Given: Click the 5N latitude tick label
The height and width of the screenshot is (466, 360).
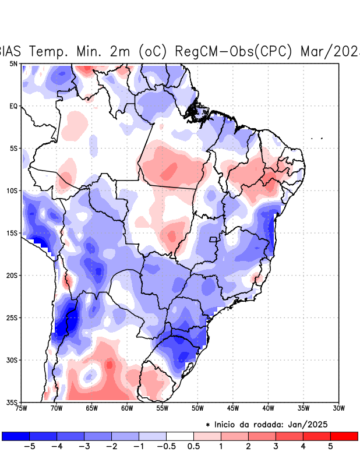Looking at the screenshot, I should click(x=13, y=63).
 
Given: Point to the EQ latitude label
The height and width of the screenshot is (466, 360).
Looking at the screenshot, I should click(x=13, y=106).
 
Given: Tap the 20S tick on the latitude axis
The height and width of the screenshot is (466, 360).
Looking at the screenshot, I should click(x=12, y=275).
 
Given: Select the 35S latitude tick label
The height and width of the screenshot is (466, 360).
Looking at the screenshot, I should click(x=12, y=402).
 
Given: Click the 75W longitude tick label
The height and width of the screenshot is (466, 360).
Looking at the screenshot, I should click(x=22, y=408).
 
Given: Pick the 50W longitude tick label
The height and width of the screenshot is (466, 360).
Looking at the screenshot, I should click(x=197, y=408).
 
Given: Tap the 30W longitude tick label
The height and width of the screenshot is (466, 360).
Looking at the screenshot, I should click(x=338, y=408).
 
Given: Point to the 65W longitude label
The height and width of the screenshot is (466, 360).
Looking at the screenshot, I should click(x=91, y=408).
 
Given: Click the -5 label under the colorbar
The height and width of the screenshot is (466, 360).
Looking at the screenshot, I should click(x=27, y=446).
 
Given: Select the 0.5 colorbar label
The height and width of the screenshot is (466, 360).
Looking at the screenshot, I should click(x=193, y=446).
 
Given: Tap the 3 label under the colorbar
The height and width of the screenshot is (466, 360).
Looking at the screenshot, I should click(x=276, y=446).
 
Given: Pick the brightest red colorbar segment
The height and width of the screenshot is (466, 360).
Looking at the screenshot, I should click(x=344, y=436).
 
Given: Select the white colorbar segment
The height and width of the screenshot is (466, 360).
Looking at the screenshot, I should click(x=179, y=436).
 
